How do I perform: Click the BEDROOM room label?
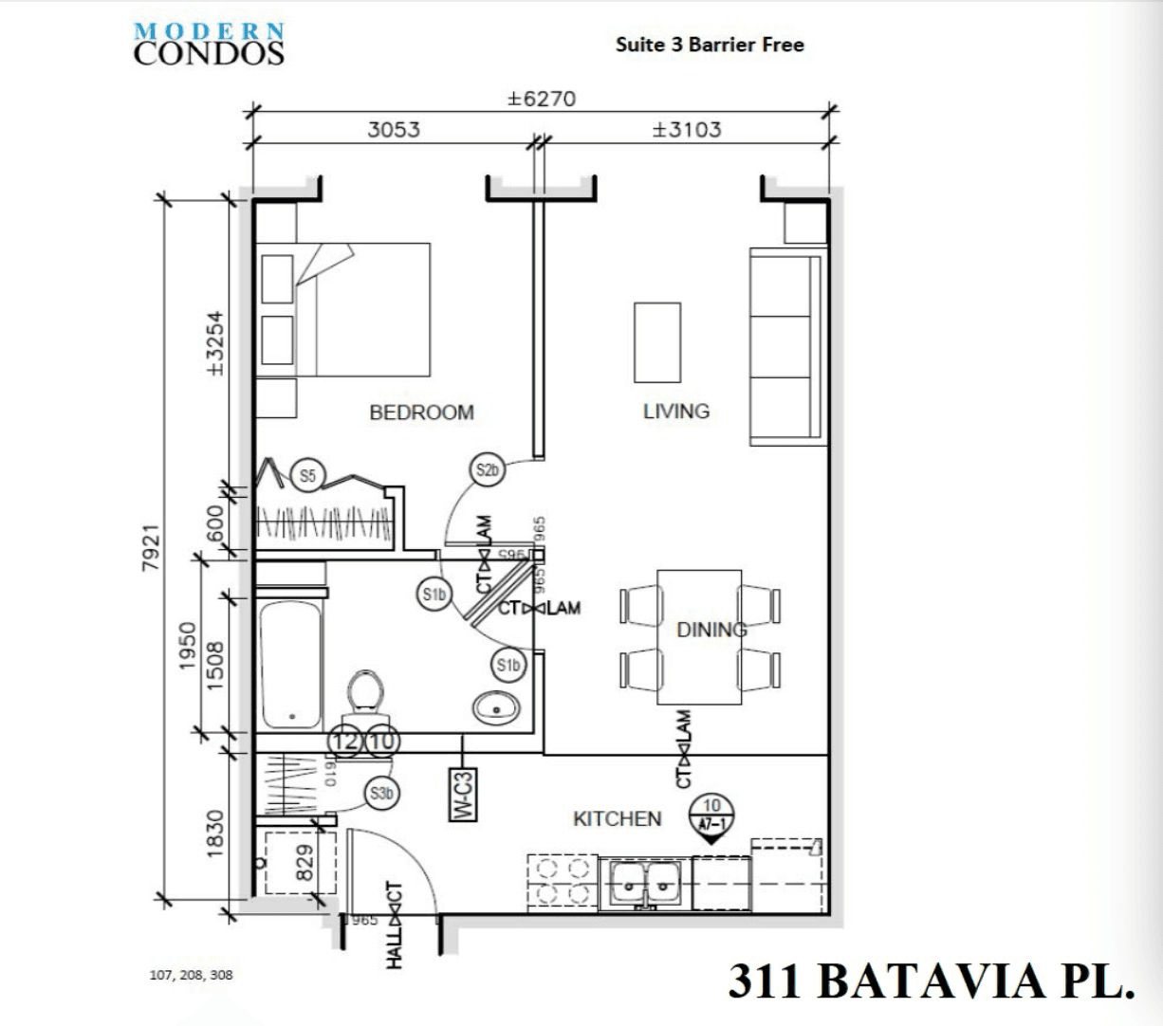coord(421,412)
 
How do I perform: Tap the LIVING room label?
coord(675,412)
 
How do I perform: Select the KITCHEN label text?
coord(617,818)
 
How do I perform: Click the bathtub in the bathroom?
coord(290,663)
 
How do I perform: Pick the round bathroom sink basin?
coord(495,706)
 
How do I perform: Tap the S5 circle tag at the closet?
coord(307,475)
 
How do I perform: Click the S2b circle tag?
coord(488,469)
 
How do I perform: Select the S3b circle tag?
coord(381,794)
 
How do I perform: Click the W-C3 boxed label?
coord(462,794)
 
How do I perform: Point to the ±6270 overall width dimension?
coord(541,99)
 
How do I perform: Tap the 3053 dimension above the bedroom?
coord(394,129)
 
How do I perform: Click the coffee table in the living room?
coord(657,342)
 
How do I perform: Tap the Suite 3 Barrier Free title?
coord(710,45)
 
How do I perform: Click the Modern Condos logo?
coord(209,44)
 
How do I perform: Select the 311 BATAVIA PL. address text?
coord(932,981)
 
